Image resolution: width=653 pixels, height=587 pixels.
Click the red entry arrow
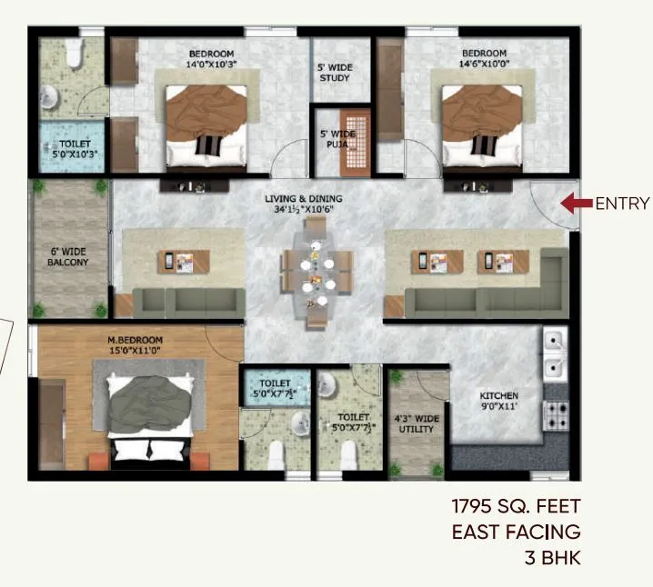tap(575, 204)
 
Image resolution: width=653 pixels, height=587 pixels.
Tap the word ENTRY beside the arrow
tap(622, 204)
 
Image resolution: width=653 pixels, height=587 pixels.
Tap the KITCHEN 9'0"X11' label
tap(499, 402)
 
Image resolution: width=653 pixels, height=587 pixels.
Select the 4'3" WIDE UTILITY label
tap(417, 423)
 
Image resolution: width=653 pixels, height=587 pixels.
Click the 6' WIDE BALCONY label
tap(68, 255)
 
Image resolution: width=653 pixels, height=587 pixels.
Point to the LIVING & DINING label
tap(300, 204)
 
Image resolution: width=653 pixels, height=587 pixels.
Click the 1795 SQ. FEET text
tap(515, 506)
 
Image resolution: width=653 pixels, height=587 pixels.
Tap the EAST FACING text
tap(515, 532)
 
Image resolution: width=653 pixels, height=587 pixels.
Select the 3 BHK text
tap(551, 557)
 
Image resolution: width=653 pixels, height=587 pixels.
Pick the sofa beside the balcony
tap(186, 301)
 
